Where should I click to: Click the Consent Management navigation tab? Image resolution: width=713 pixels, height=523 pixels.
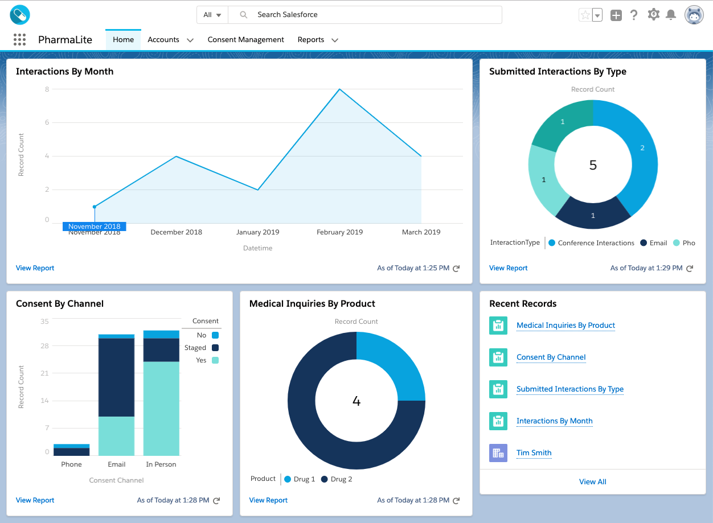point(245,40)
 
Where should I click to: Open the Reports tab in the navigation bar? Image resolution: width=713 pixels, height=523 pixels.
point(311,40)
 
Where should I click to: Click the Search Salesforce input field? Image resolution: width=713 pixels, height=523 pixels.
point(364,15)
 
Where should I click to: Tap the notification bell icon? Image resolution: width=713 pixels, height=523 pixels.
point(671,15)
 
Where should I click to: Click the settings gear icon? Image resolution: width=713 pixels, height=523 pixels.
point(653,15)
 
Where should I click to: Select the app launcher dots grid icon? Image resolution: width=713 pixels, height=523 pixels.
point(19,40)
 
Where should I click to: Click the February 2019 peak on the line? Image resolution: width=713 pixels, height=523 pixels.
point(340,89)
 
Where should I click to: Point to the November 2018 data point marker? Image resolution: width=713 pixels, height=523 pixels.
point(95,207)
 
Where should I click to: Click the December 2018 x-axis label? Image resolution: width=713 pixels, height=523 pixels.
point(176,232)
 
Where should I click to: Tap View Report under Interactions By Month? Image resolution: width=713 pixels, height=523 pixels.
point(35,268)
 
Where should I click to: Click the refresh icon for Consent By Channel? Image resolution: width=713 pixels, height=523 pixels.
point(216,501)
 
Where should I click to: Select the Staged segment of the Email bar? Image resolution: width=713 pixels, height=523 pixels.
point(116,377)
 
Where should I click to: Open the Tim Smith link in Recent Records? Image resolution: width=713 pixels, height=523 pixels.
point(534,453)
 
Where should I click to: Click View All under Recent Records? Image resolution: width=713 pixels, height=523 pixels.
point(592,482)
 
